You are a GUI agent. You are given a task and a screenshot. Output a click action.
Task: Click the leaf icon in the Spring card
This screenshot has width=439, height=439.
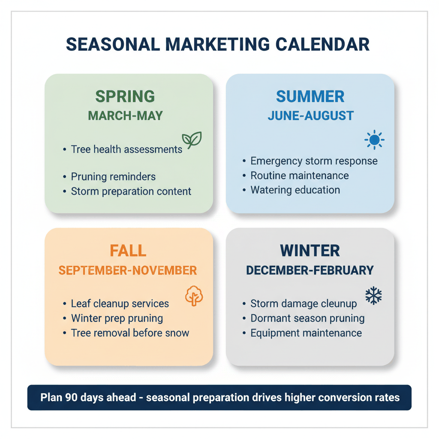click(192, 140)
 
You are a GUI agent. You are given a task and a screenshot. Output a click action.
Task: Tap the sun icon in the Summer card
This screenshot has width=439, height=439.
click(374, 140)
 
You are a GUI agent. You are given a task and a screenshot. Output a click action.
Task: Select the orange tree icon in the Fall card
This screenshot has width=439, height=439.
click(194, 296)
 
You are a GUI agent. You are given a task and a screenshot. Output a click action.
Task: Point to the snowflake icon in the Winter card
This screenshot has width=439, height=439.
click(373, 296)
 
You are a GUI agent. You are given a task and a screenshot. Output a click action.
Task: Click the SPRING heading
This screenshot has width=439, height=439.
click(125, 96)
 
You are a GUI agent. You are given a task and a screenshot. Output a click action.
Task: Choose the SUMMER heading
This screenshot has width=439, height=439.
click(310, 96)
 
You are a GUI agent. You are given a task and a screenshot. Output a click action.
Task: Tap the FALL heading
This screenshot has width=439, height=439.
click(128, 250)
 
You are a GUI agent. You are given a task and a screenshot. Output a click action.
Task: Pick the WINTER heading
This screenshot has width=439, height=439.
click(310, 250)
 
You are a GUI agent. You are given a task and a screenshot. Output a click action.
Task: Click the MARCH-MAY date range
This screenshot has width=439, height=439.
click(125, 116)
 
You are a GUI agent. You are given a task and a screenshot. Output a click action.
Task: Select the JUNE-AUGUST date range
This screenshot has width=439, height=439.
click(310, 116)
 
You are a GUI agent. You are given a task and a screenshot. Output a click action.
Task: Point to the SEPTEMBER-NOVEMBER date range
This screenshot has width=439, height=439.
click(128, 271)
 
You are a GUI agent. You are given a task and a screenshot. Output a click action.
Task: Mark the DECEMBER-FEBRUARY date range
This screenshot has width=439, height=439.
click(310, 271)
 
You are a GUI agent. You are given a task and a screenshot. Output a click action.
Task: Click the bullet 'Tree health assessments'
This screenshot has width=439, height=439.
click(126, 149)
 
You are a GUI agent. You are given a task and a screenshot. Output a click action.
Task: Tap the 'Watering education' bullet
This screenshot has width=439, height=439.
click(295, 190)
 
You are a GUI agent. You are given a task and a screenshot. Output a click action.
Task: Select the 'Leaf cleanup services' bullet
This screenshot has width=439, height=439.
click(120, 304)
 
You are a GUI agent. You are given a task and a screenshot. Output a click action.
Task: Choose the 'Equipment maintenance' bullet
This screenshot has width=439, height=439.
click(306, 333)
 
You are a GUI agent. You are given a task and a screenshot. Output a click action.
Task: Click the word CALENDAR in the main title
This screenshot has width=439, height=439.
click(322, 45)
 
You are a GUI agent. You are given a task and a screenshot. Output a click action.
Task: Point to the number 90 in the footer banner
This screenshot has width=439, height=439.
click(71, 397)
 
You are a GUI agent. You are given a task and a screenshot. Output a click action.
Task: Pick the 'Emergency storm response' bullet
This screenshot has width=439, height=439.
click(314, 161)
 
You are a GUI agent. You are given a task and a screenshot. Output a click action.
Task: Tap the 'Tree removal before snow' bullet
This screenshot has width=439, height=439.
click(130, 333)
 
